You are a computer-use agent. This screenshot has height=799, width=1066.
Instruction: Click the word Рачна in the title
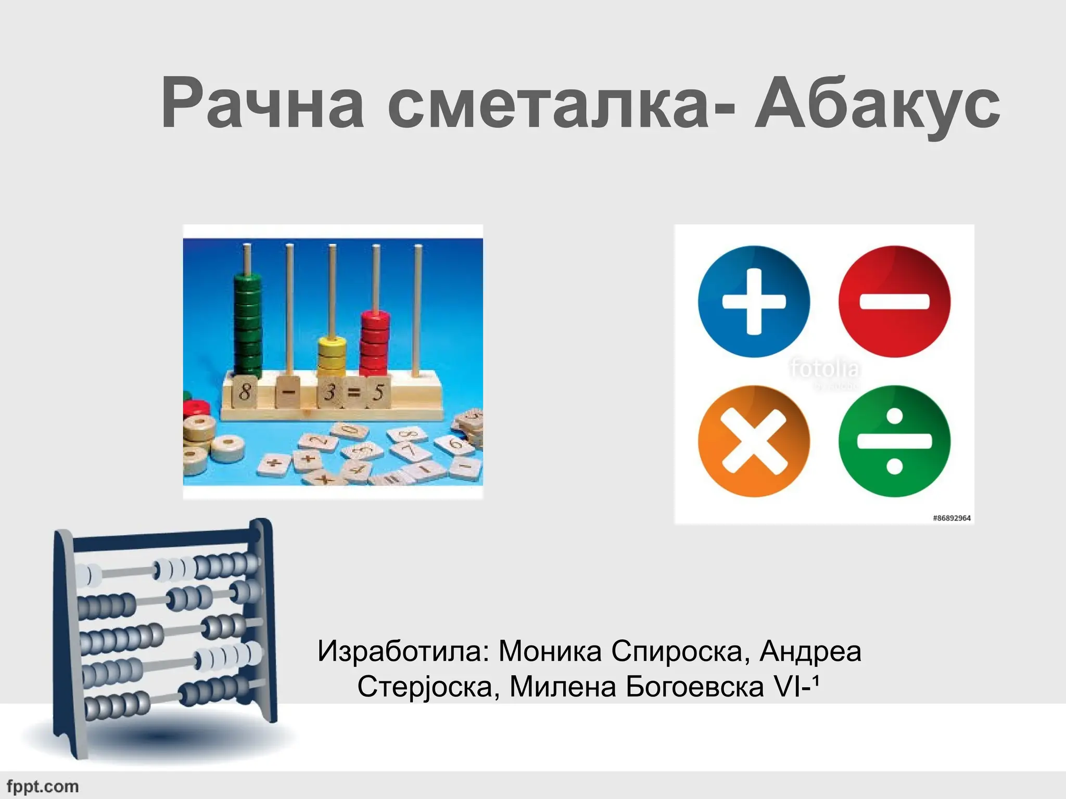coord(262,104)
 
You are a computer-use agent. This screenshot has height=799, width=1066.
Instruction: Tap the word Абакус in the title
coord(878,104)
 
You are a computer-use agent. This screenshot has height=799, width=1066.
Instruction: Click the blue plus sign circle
coord(754,302)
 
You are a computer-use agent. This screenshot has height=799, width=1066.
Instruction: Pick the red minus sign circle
coord(894,302)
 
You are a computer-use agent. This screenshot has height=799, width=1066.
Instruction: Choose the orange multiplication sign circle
coord(754,441)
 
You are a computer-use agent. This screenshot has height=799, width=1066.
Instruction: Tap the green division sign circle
coord(894,441)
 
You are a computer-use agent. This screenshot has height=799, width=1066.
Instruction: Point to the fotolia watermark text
coord(824,368)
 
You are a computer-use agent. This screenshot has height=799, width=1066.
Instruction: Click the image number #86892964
coord(951,518)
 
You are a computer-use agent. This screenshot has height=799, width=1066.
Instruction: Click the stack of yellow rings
coord(332,356)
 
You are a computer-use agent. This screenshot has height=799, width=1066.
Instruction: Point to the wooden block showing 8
coord(245,391)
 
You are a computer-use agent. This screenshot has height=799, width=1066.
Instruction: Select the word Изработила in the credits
coord(404,651)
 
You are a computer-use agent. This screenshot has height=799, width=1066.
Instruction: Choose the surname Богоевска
coord(695,687)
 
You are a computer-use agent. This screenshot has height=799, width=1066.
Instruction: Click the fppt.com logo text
coord(43,786)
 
